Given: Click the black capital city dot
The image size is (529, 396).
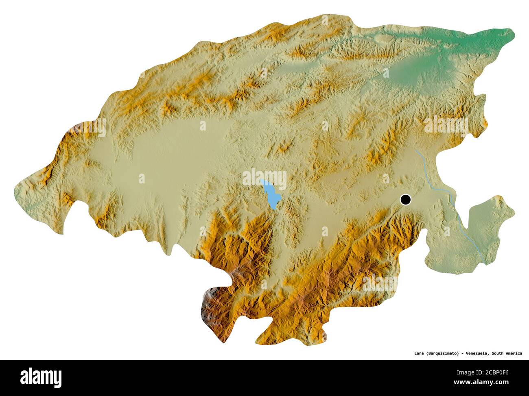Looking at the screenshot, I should [x=406, y=200].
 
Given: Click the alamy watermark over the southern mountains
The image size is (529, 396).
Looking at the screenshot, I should [x=378, y=283].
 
